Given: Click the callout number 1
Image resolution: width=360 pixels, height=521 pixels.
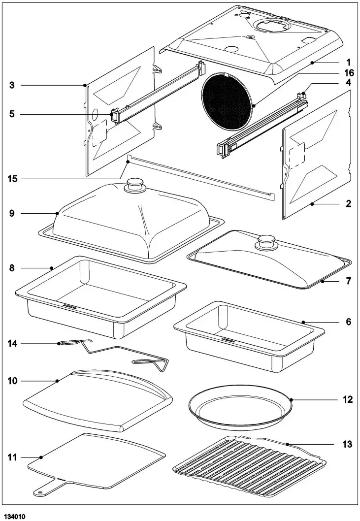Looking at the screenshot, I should (x=348, y=63).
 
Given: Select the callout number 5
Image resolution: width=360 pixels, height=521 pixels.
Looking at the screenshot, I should (x=12, y=114).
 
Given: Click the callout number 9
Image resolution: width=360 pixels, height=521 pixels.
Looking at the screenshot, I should (x=12, y=214).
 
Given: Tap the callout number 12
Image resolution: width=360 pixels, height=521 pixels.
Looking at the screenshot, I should (x=348, y=399).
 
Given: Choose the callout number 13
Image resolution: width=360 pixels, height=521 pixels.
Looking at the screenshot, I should (x=348, y=444).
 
